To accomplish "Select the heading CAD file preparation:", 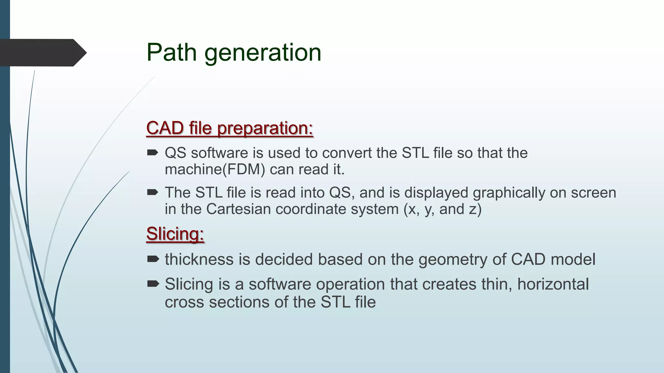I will pos(230,128).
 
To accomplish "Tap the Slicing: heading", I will pos(175,233).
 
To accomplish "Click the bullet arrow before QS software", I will pos(152,153).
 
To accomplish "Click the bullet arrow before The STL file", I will pos(152,193).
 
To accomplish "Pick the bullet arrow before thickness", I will pos(153,259).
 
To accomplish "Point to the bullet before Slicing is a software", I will pos(153,284).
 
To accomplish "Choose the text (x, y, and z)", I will pos(443,209).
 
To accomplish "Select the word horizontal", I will pos(553,284).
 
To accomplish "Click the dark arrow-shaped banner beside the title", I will pos(42,52).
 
